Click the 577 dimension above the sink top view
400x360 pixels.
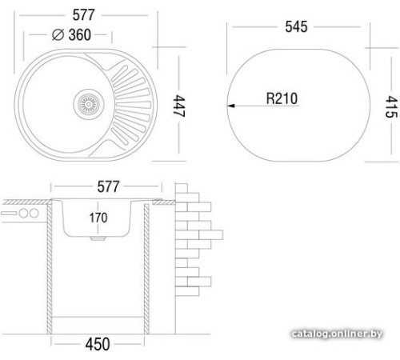pyautogui.click(x=90, y=13)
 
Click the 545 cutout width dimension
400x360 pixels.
pyautogui.click(x=302, y=26)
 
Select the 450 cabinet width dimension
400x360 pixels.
pyautogui.click(x=98, y=345)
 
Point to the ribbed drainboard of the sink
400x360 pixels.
pyautogui.click(x=134, y=100)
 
